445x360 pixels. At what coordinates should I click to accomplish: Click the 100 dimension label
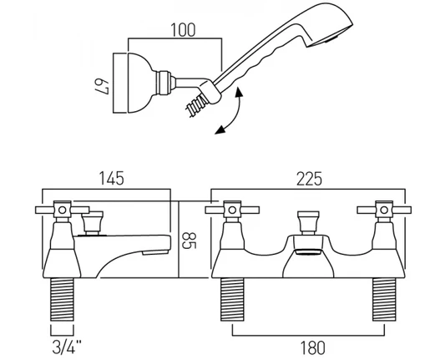[x=183, y=30]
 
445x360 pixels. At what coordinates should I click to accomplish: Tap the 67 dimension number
[x=103, y=86]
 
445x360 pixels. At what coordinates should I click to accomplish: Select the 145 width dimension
[x=112, y=178]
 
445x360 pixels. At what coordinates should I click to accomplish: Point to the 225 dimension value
[x=309, y=179]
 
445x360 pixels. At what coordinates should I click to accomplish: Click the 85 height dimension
[x=189, y=241]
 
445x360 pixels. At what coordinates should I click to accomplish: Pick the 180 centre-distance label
[x=312, y=347]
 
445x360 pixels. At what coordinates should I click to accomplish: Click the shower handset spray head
[x=329, y=27]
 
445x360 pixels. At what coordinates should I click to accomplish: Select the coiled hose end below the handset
[x=195, y=105]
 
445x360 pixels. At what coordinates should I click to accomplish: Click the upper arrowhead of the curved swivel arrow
[x=239, y=93]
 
